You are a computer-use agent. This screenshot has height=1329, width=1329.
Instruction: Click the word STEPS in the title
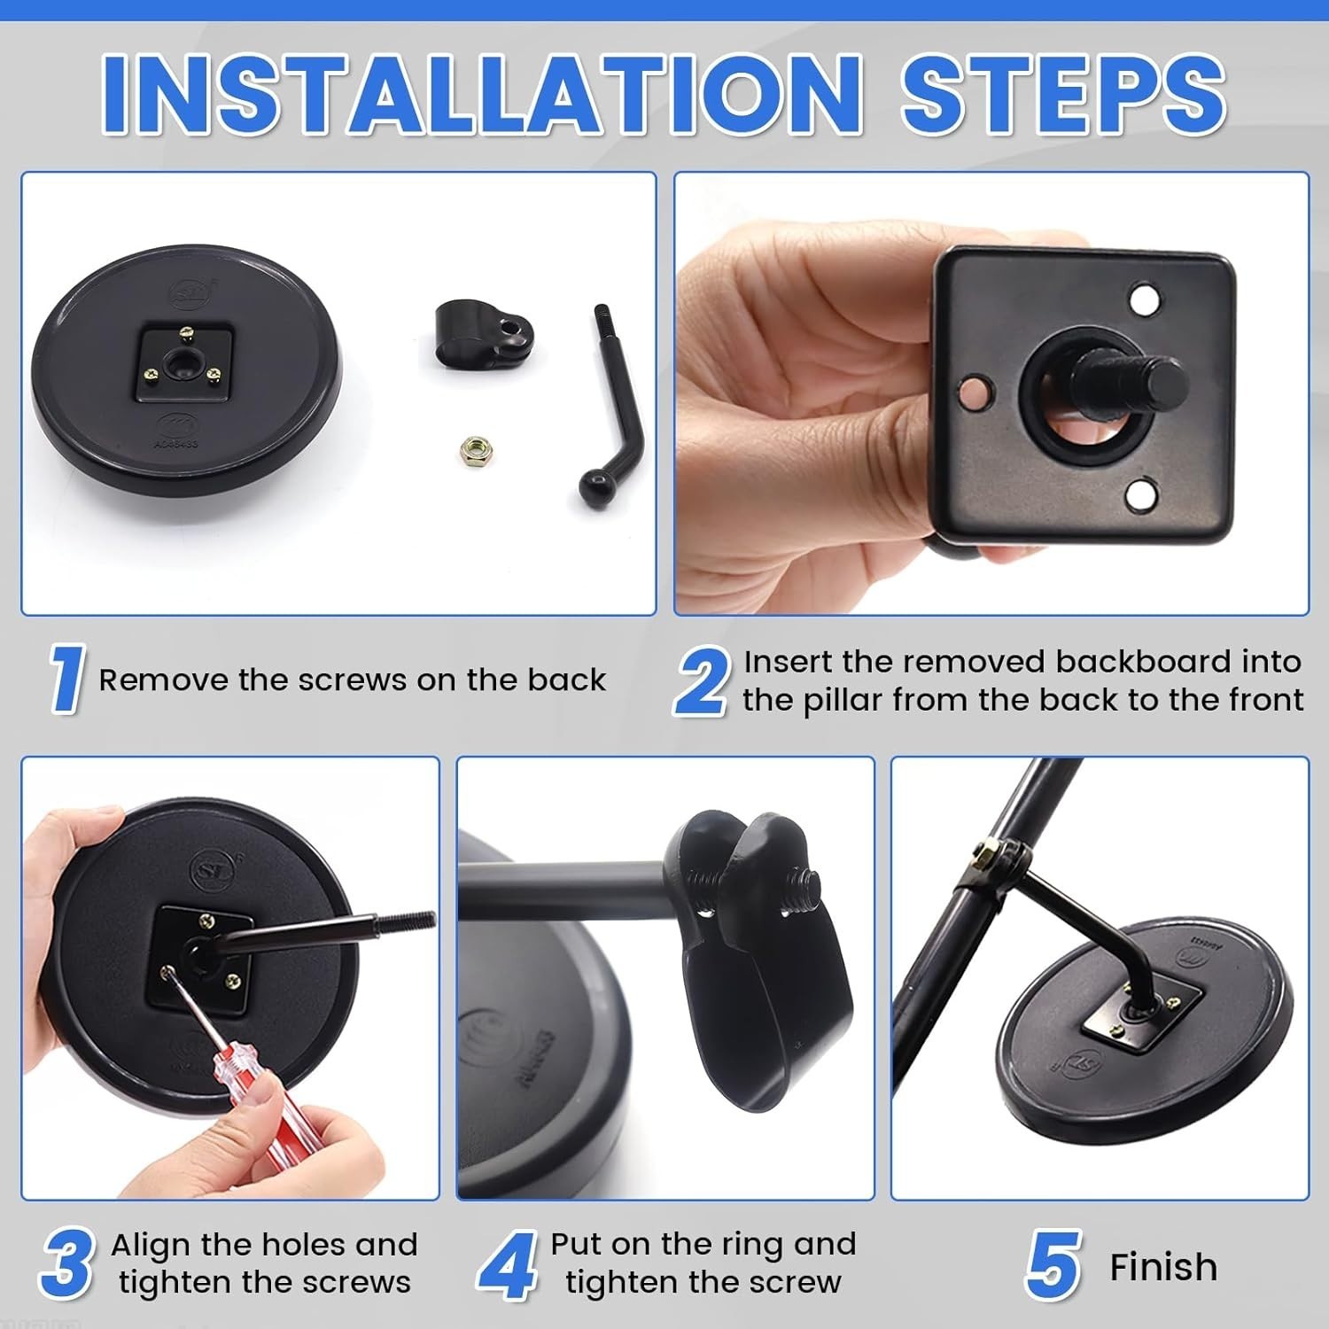click(x=1063, y=94)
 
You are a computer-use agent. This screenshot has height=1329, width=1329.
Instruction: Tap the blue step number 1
click(x=66, y=680)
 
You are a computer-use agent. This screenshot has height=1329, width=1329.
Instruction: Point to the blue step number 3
click(x=67, y=1264)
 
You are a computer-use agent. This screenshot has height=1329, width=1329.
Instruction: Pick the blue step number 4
click(x=508, y=1265)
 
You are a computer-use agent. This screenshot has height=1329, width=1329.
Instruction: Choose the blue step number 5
click(x=1054, y=1265)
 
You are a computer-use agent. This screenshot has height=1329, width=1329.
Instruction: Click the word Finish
click(x=1163, y=1267)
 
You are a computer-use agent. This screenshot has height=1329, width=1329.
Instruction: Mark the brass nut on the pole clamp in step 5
click(x=983, y=855)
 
